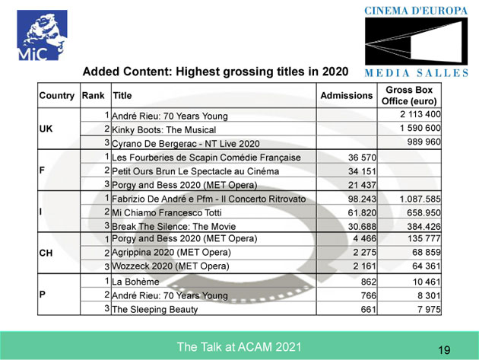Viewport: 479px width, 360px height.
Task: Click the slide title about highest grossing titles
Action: coord(215,72)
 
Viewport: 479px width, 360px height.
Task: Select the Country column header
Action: coord(58,97)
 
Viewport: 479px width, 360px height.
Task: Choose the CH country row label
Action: coord(46,253)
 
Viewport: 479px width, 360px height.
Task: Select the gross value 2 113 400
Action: coord(420,115)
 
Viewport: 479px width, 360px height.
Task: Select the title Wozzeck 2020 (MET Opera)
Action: coord(170,266)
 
